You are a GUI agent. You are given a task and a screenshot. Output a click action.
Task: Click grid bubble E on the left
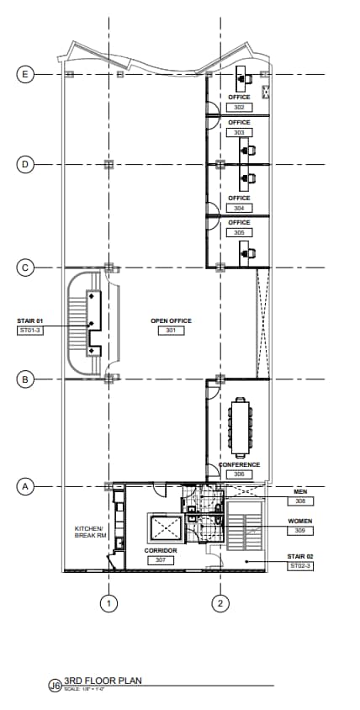pos(25,74)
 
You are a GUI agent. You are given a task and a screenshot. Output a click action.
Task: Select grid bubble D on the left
pos(25,164)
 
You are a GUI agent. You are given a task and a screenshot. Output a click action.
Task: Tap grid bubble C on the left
pos(25,268)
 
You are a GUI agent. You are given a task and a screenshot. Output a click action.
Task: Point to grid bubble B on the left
pos(25,379)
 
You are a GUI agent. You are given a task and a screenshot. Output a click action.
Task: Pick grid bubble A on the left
pos(25,486)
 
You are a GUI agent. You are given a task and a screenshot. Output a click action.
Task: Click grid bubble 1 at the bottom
pos(108,602)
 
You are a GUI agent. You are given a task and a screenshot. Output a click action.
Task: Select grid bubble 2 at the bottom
pos(220,602)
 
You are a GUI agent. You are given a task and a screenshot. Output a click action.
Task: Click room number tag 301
pos(171,331)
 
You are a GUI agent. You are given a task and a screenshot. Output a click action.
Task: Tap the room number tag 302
pos(240,108)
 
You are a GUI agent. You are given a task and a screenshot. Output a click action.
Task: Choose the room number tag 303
pos(240,133)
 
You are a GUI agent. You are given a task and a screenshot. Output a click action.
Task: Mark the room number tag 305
pos(240,232)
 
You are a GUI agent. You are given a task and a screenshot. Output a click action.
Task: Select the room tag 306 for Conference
pos(240,474)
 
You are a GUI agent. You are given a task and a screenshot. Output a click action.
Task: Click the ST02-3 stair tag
pos(300,566)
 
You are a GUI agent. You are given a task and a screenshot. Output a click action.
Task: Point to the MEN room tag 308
pos(300,501)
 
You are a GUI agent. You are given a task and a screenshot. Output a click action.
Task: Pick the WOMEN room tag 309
pos(300,531)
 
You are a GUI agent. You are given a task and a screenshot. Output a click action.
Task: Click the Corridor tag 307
pos(160,559)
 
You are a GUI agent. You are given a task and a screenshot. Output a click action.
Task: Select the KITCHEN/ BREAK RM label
pos(88,532)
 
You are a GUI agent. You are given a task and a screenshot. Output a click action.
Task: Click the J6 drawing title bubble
pos(56,687)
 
